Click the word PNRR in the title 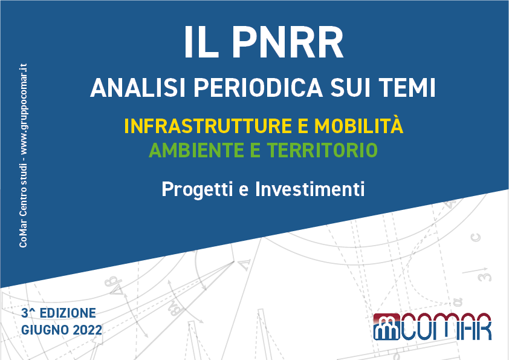pyautogui.click(x=288, y=42)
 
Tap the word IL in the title pyautogui.click(x=201, y=42)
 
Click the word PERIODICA pyautogui.click(x=258, y=88)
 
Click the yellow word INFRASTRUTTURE pyautogui.click(x=208, y=126)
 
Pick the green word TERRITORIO pyautogui.click(x=322, y=150)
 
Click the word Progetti pyautogui.click(x=197, y=190)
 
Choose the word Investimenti pyautogui.click(x=310, y=189)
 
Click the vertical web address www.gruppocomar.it pyautogui.click(x=24, y=109)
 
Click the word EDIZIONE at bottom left pyautogui.click(x=68, y=313)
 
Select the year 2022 pyautogui.click(x=87, y=330)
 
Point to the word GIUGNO pyautogui.click(x=45, y=330)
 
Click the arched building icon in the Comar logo pyautogui.click(x=386, y=327)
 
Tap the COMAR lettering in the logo pyautogui.click(x=446, y=327)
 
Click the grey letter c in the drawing pyautogui.click(x=475, y=237)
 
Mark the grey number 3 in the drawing pyautogui.click(x=485, y=277)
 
